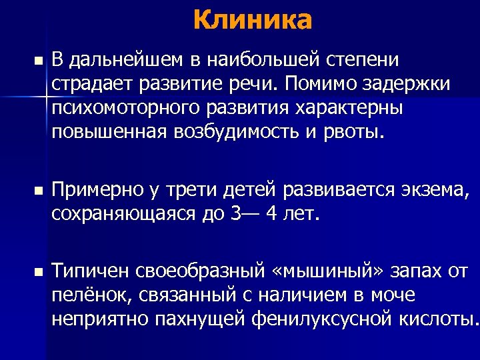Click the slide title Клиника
[x=253, y=20]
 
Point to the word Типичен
[x=90, y=272]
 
